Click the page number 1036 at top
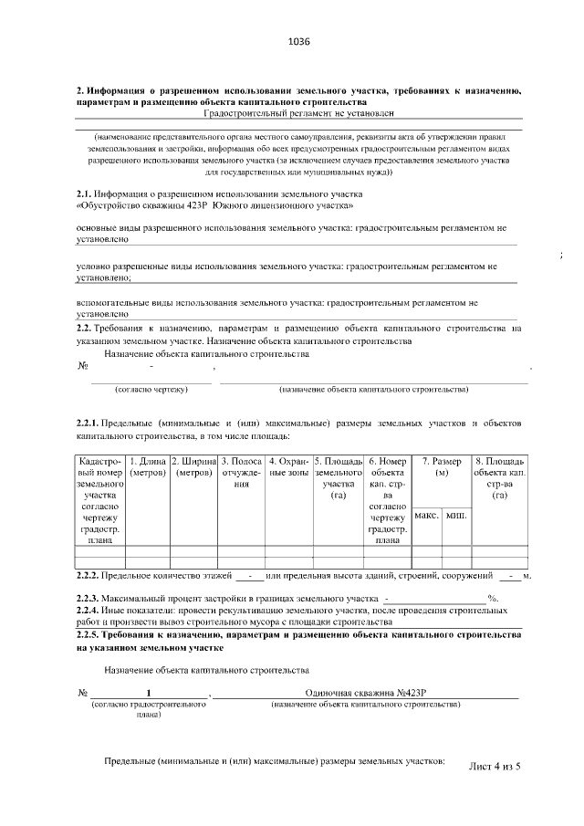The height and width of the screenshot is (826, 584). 299,42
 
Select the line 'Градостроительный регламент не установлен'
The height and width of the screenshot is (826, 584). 299,113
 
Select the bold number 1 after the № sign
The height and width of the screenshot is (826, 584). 149,693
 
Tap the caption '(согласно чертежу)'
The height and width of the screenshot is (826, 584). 151,390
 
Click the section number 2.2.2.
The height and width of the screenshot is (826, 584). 89,577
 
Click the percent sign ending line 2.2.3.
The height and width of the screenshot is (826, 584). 491,599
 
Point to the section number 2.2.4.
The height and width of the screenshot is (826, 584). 89,610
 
